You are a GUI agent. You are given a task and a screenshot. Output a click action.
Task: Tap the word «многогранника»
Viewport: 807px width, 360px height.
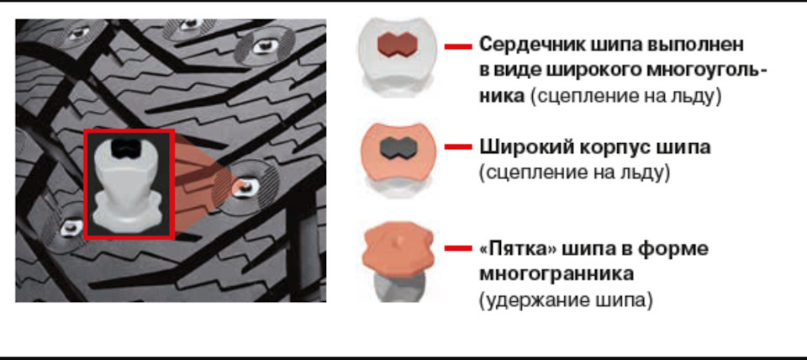556,274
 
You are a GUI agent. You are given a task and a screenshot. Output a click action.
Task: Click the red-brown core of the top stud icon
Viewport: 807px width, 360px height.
396,45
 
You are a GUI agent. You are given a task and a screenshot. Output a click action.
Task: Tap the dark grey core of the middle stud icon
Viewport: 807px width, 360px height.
398,149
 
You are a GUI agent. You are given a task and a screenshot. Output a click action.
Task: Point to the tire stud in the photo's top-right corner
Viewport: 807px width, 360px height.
264,47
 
